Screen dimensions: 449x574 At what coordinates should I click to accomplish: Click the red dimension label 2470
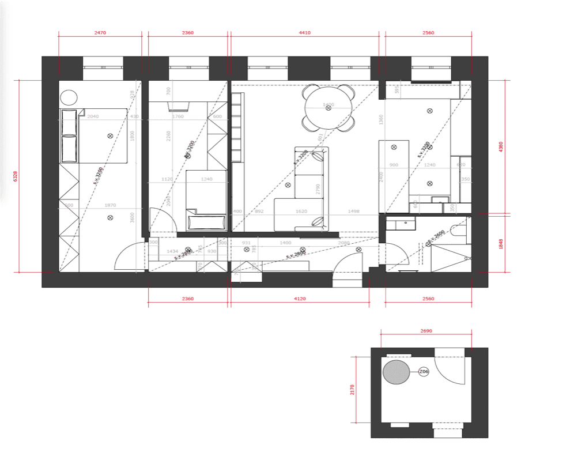100,33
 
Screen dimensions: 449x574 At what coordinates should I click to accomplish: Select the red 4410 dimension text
305,33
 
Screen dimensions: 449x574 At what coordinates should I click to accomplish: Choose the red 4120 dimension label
299,299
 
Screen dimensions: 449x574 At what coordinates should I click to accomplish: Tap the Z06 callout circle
424,372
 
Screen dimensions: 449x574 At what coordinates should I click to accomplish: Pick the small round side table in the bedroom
69,97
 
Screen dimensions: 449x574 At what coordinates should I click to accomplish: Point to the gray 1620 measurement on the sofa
301,212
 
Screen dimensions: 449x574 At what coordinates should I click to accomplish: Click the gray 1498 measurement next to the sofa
353,212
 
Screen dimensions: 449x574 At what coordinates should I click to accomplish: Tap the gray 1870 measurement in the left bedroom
110,205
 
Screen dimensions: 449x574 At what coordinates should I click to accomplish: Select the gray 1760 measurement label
178,117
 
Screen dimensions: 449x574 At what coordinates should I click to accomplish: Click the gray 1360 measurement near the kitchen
381,120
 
